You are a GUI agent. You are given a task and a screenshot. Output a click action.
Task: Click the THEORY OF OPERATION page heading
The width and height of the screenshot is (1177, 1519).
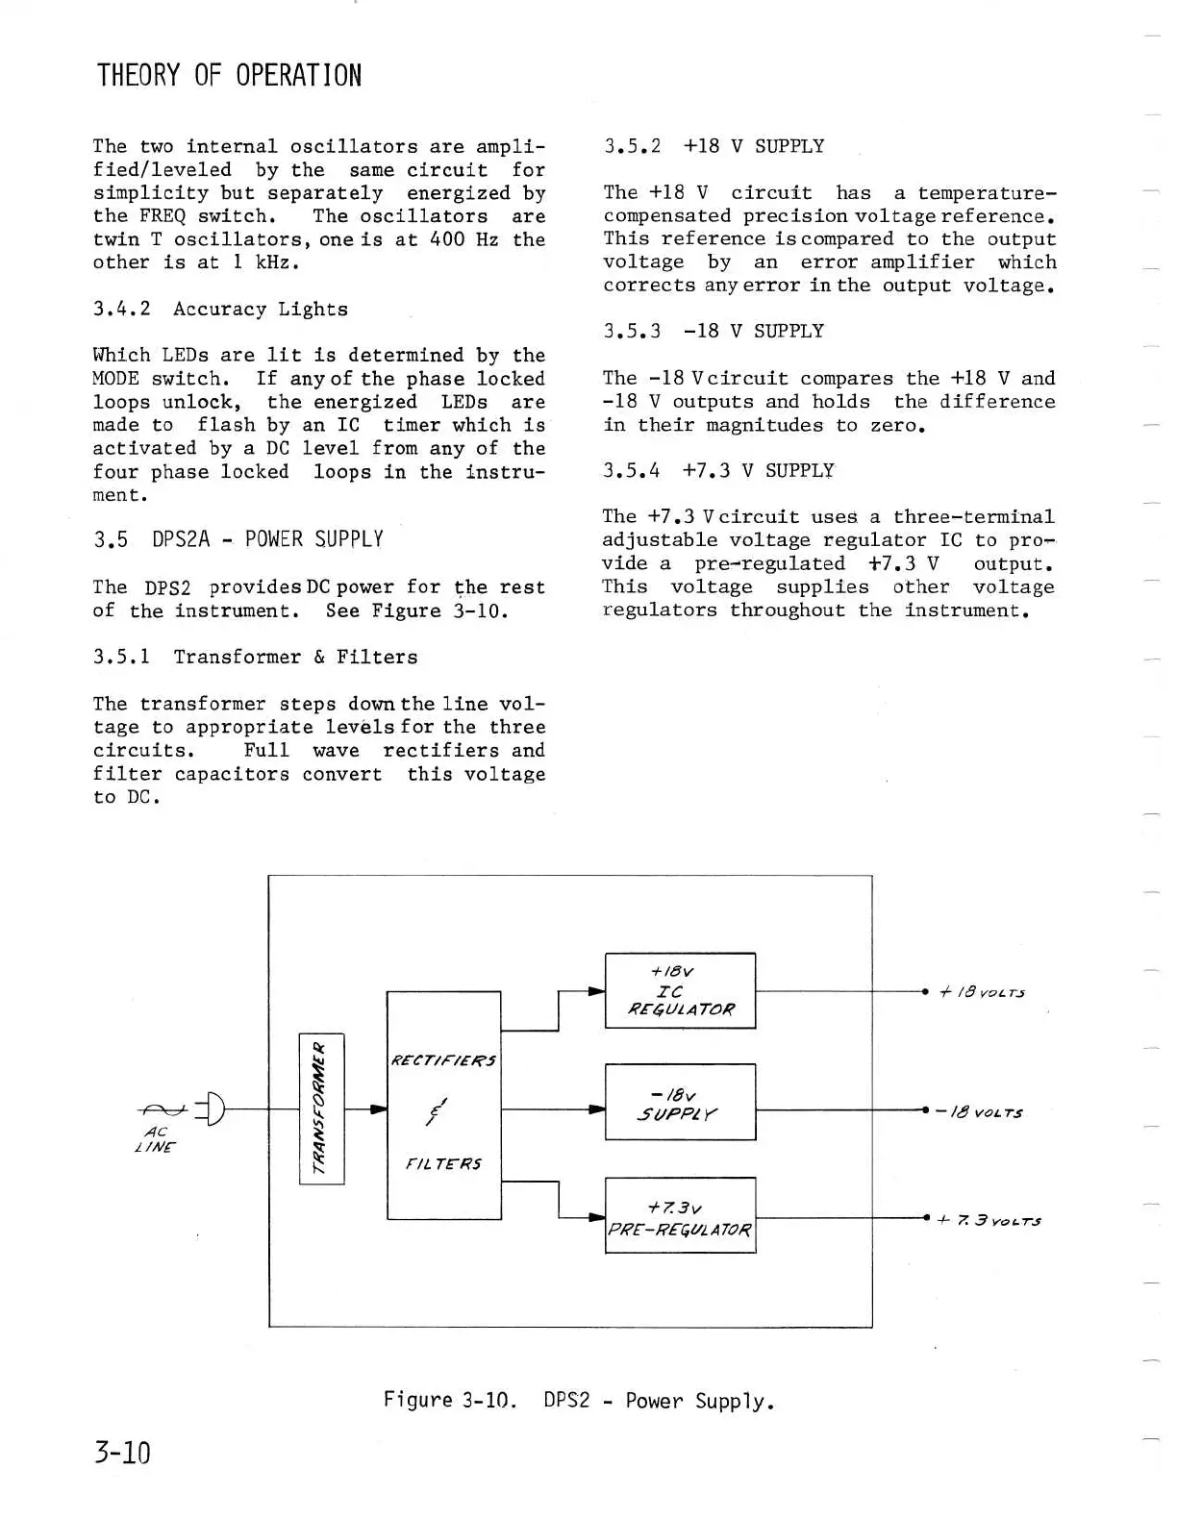pyautogui.click(x=229, y=76)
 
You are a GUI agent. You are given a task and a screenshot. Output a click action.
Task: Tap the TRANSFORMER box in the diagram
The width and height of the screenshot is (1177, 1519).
pyautogui.click(x=321, y=1108)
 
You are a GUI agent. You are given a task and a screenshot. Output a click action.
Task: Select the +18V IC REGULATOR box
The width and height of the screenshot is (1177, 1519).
pyautogui.click(x=680, y=990)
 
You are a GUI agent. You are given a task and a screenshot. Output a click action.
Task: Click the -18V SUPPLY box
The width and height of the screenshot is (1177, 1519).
pyautogui.click(x=680, y=1102)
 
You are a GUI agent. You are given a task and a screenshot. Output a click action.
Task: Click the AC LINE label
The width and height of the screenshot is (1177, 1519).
pyautogui.click(x=156, y=1139)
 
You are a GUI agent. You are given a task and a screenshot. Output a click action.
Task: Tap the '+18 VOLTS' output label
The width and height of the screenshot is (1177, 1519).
pyautogui.click(x=981, y=992)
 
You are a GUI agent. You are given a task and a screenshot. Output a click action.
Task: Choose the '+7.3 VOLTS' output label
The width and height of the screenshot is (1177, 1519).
pyautogui.click(x=988, y=1221)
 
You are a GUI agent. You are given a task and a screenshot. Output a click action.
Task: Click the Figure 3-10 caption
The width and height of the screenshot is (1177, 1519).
pyautogui.click(x=578, y=1401)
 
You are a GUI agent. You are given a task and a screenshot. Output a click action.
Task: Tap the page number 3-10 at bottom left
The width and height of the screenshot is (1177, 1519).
pyautogui.click(x=123, y=1452)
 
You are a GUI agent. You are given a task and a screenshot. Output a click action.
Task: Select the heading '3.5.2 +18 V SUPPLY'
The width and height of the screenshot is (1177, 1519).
pyautogui.click(x=714, y=146)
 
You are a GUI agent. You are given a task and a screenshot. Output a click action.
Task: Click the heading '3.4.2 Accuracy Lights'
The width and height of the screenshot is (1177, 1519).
pyautogui.click(x=220, y=309)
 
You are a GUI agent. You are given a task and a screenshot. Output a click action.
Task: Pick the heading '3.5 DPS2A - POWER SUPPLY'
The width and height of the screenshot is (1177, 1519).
pyautogui.click(x=238, y=539)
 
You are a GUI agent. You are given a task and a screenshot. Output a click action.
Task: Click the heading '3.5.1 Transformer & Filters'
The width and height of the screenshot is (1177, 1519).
pyautogui.click(x=255, y=657)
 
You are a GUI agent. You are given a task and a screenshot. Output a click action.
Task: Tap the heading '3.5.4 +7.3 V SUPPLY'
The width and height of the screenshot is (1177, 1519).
pyautogui.click(x=718, y=470)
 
